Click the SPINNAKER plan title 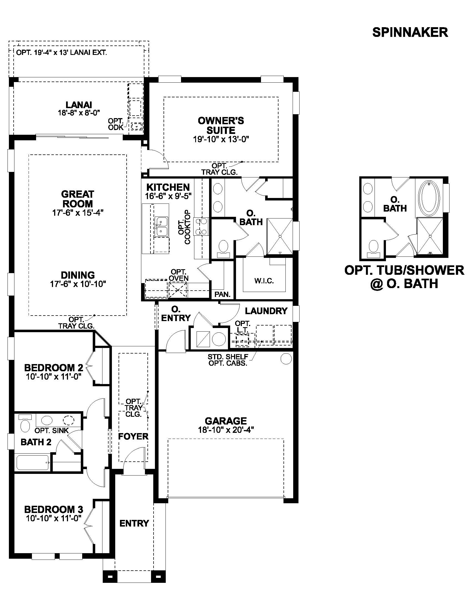(x=410, y=32)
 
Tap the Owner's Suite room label (x=221, y=125)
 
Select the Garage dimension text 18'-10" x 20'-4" (x=226, y=429)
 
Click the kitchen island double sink (x=162, y=227)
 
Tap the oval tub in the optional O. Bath (x=430, y=197)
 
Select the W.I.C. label (x=264, y=281)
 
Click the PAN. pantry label (x=222, y=294)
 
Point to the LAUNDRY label (x=266, y=311)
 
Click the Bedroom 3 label (x=54, y=509)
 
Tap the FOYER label (x=133, y=436)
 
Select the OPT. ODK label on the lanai (x=116, y=124)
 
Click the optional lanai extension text (x=62, y=52)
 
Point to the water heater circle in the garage (x=286, y=358)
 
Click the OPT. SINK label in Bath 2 (x=51, y=431)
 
